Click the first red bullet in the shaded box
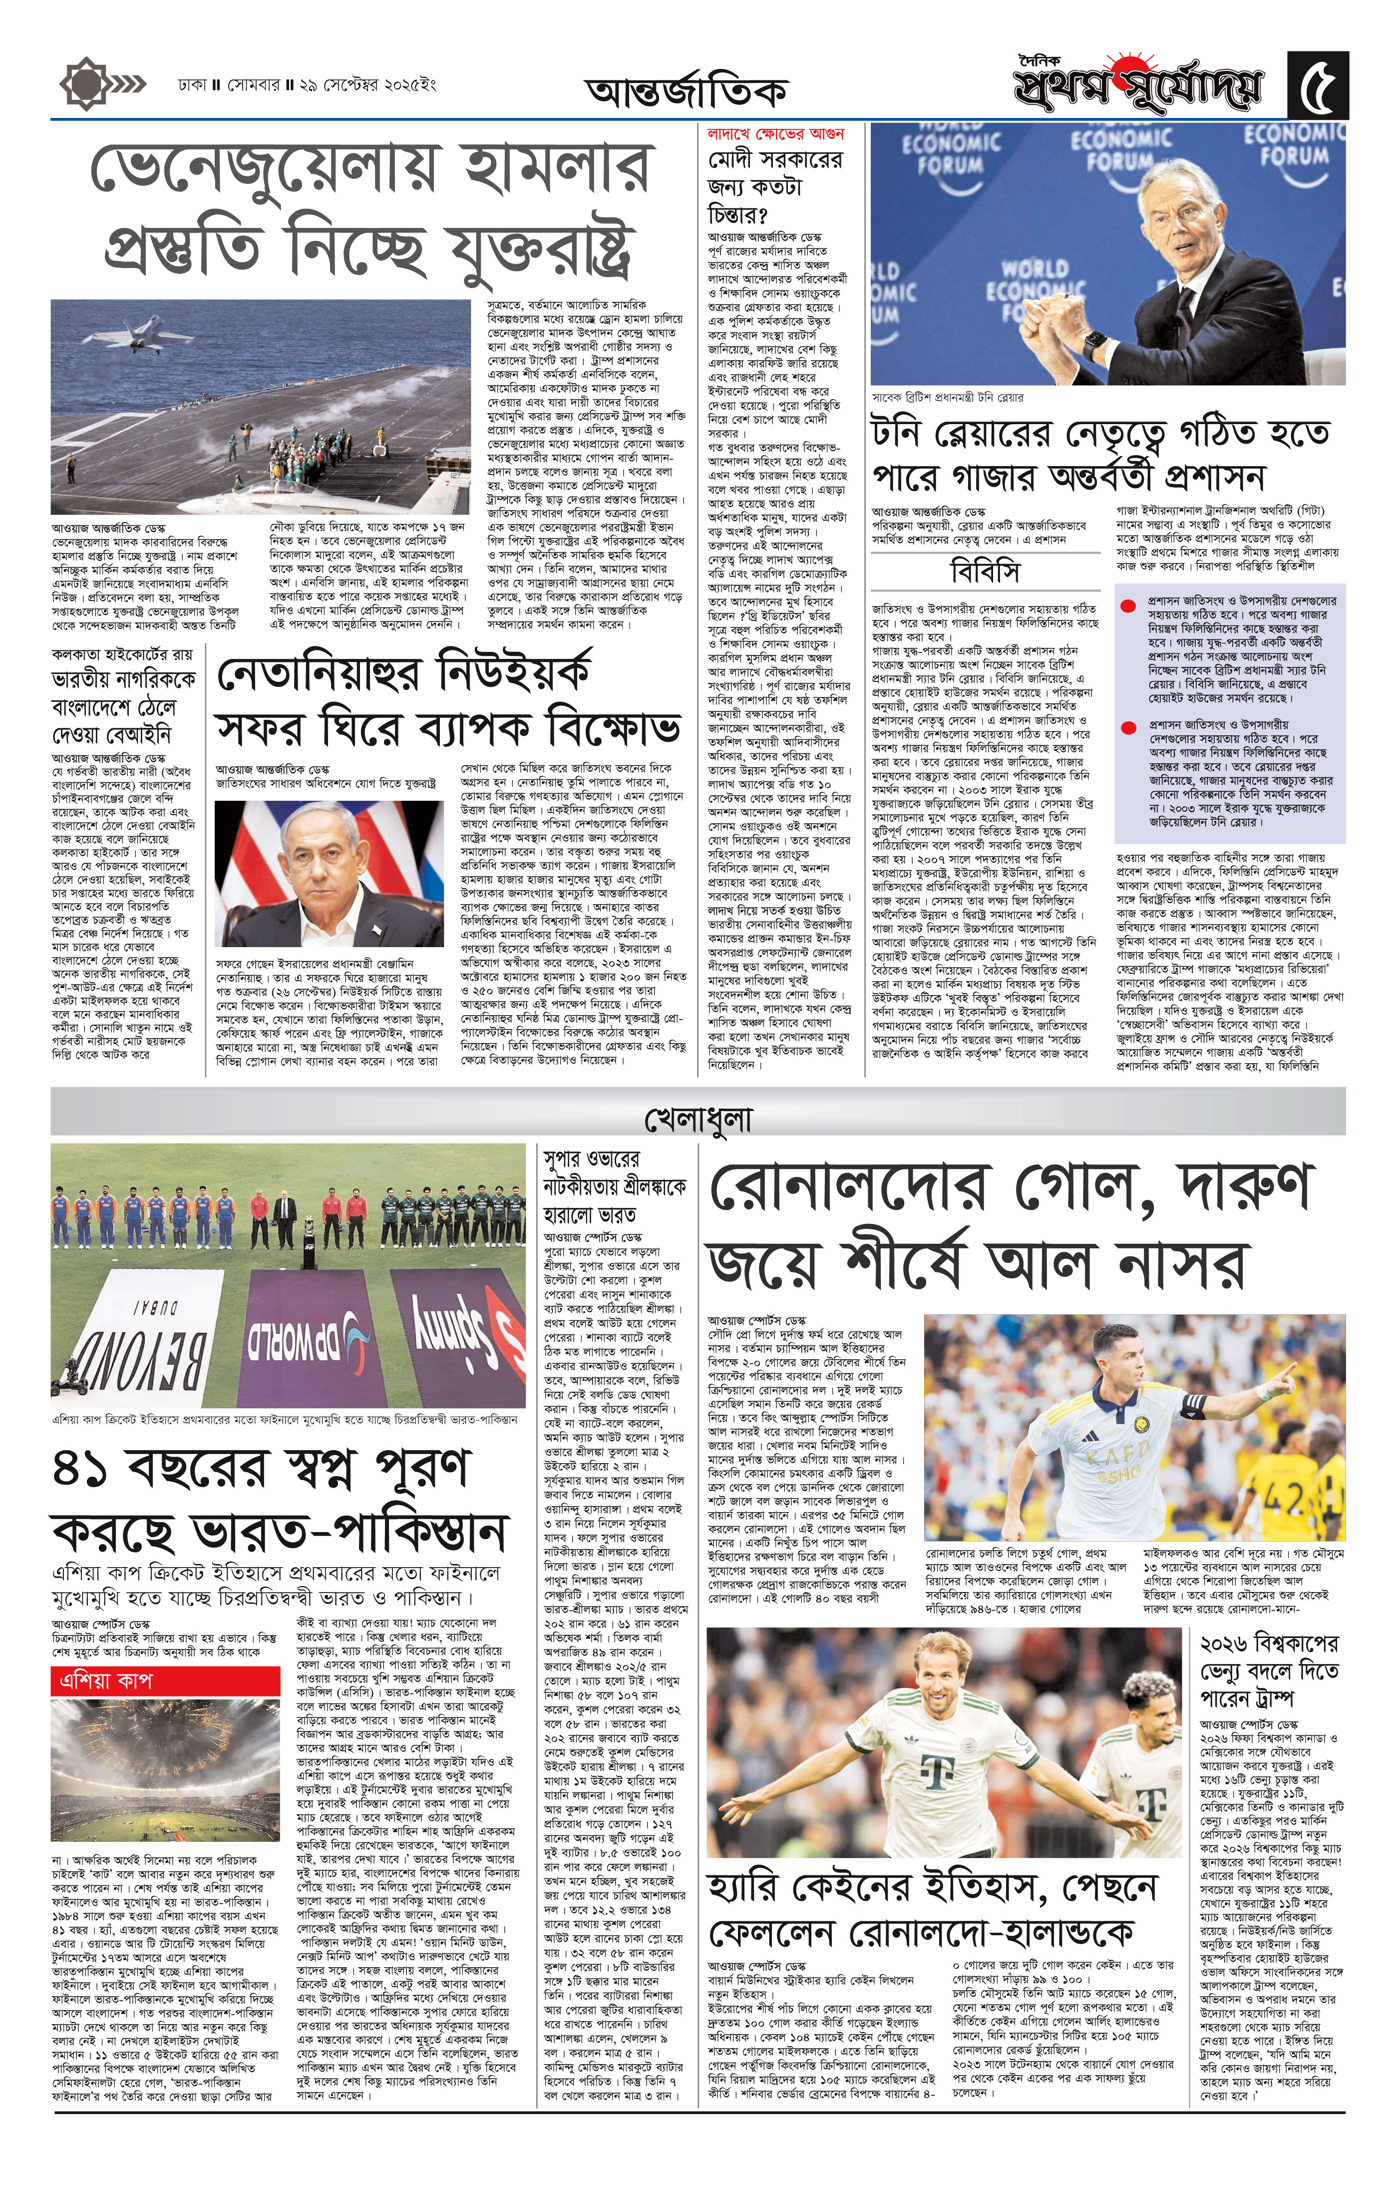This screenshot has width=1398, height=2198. click(x=1128, y=604)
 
